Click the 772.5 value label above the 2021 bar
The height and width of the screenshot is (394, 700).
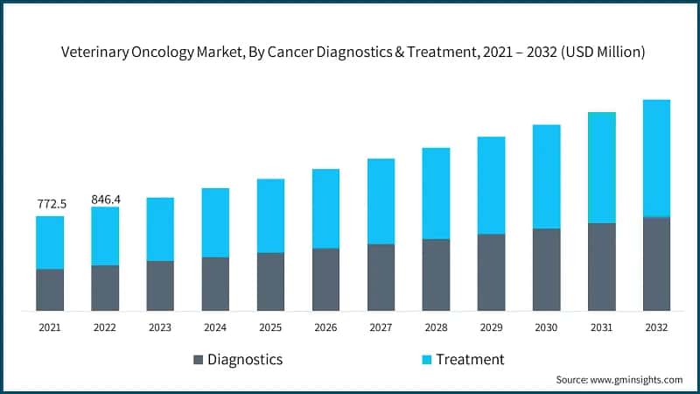50,204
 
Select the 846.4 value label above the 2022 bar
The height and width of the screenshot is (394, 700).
105,199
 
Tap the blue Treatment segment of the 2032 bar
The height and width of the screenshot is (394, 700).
656,158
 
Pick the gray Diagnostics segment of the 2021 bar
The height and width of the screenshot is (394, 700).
50,290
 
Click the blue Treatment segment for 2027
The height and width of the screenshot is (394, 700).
381,201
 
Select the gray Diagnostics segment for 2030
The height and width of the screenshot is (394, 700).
546,270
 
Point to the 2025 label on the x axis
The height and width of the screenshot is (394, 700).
270,327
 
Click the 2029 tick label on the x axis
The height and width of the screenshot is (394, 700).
491,327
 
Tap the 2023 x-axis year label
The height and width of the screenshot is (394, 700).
160,327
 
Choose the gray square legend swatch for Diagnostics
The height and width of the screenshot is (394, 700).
197,360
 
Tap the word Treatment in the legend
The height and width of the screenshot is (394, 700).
470,360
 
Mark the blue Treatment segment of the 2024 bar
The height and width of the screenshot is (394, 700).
215,222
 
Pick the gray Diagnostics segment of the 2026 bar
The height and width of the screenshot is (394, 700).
325,279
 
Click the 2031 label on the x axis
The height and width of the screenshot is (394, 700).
601,327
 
